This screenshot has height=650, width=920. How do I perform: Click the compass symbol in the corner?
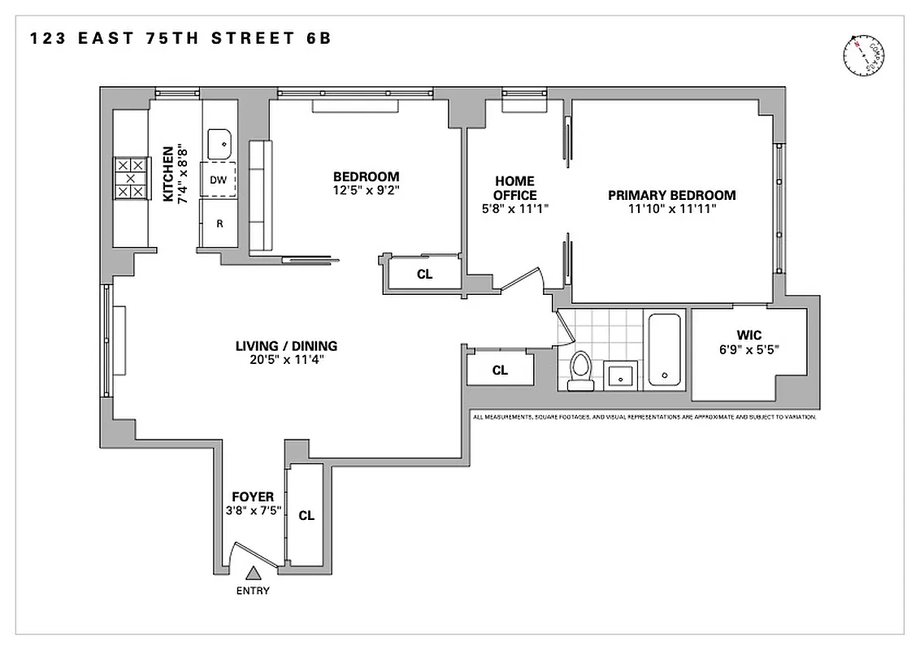[x=863, y=55]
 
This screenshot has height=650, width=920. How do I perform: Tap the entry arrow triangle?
[x=254, y=574]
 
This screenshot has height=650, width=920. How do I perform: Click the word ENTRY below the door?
[x=253, y=591]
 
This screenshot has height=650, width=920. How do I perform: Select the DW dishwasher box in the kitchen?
[x=219, y=180]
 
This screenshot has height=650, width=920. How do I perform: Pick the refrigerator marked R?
[x=219, y=223]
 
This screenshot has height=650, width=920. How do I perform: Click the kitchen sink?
[x=219, y=144]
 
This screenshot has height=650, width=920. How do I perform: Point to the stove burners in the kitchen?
[x=130, y=179]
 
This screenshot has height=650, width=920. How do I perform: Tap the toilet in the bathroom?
[x=580, y=370]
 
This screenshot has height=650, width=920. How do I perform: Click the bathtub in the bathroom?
[x=666, y=350]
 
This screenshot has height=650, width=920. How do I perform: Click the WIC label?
[x=749, y=335]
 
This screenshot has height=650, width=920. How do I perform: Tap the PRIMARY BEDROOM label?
[x=672, y=195]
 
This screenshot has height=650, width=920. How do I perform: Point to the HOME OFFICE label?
[x=514, y=188]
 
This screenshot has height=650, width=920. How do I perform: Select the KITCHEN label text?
[x=168, y=174]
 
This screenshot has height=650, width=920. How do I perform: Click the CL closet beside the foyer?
[x=306, y=515]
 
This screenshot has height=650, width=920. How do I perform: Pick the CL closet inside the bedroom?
[x=424, y=275]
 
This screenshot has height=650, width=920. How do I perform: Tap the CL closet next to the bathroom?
[x=500, y=370]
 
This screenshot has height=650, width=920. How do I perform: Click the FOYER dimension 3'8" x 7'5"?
[x=252, y=512]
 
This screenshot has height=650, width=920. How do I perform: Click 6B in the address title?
[x=319, y=38]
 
